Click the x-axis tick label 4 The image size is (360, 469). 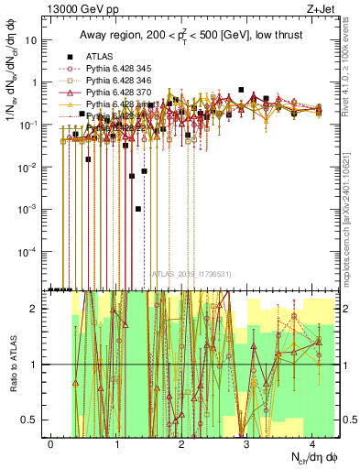click(312, 442)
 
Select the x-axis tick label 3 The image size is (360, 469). click(247, 442)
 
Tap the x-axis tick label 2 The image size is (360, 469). click(182, 442)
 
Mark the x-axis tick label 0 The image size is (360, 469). click(51, 442)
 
